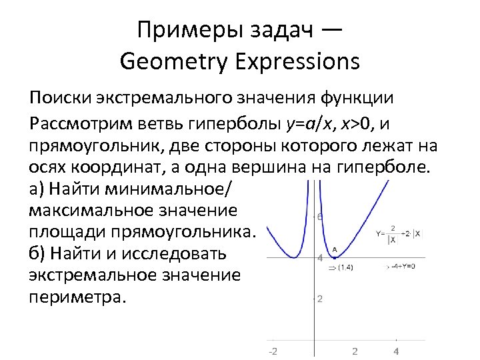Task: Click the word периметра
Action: click(x=77, y=297)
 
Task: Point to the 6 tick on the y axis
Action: click(x=320, y=217)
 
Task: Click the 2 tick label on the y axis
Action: click(x=320, y=299)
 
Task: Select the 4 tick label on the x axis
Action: click(x=396, y=351)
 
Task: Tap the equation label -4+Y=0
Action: click(x=402, y=266)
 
